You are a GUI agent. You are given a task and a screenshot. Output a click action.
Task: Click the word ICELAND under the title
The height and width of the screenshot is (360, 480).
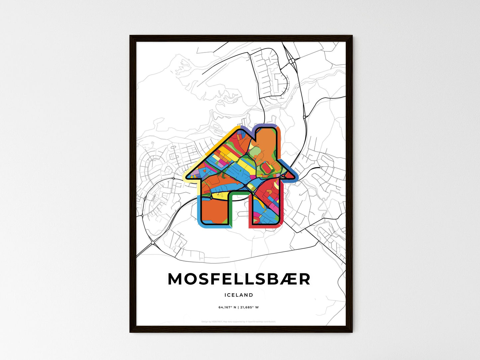pyautogui.click(x=239, y=295)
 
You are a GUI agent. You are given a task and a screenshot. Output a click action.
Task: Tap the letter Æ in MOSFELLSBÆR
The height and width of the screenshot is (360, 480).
pyautogui.click(x=289, y=279)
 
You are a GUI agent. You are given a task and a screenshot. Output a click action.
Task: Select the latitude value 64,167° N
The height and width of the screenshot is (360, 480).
pyautogui.click(x=227, y=307)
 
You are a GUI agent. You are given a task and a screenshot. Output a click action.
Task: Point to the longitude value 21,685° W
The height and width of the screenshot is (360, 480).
pyautogui.click(x=249, y=307)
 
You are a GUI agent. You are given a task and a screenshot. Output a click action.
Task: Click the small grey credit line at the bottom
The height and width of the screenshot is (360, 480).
pyautogui.click(x=239, y=321)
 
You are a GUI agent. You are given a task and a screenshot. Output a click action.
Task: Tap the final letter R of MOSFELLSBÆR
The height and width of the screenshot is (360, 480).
pyautogui.click(x=304, y=279)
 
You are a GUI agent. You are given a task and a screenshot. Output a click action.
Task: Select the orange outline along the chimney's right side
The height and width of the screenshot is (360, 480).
pyautogui.click(x=280, y=143)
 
